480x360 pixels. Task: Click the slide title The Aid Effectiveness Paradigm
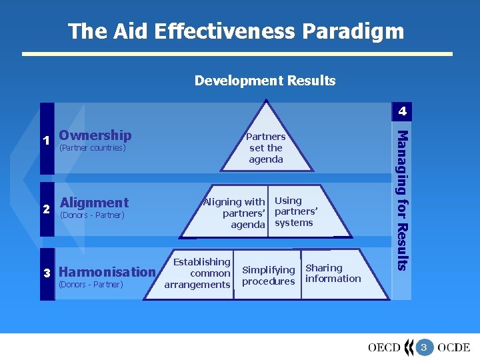coord(236,31)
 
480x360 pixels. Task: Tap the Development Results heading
coord(265,81)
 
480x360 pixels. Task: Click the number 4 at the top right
coord(402,111)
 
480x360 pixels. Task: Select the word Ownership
coord(95,135)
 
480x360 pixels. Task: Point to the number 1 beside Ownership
coord(46,140)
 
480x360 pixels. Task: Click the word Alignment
coord(94,202)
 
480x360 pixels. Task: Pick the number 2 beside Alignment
coord(46,208)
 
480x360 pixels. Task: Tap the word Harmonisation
coord(107,271)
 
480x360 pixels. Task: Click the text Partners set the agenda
coord(266,148)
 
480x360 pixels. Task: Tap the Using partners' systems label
coord(295,211)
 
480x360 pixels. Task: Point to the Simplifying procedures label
coord(268,275)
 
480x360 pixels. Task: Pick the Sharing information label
coord(333,273)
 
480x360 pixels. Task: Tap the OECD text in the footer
coord(384,347)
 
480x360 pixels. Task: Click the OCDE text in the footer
coord(454,347)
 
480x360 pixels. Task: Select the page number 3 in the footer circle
coord(423,347)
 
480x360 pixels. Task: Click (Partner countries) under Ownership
coord(93,148)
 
